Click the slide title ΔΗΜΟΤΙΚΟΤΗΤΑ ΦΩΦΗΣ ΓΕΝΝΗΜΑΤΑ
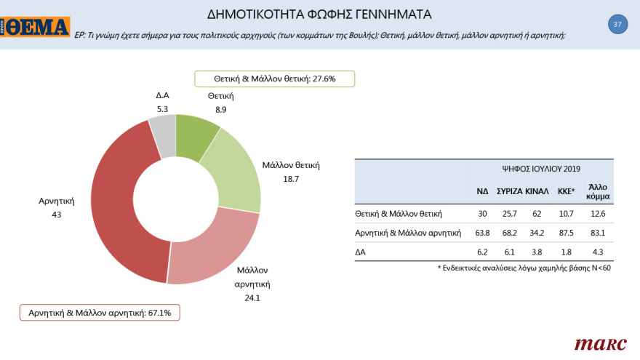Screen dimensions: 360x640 pyautogui.click(x=320, y=14)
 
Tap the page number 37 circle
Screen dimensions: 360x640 pyautogui.click(x=617, y=25)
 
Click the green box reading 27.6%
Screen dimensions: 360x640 pyautogui.click(x=274, y=79)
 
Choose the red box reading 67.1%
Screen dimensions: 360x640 pyautogui.click(x=100, y=312)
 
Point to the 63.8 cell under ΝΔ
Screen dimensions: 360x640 pyautogui.click(x=482, y=233)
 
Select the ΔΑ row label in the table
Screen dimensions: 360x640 pyautogui.click(x=361, y=252)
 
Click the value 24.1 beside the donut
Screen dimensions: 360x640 pyautogui.click(x=252, y=297)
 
